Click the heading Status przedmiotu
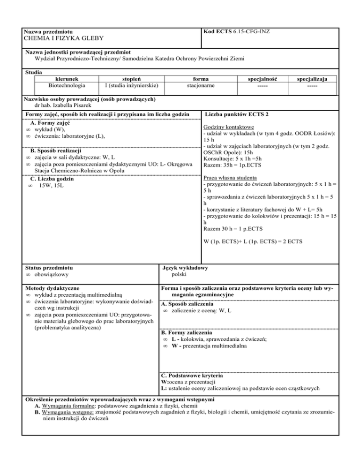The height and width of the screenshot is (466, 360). click(x=48, y=268)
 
